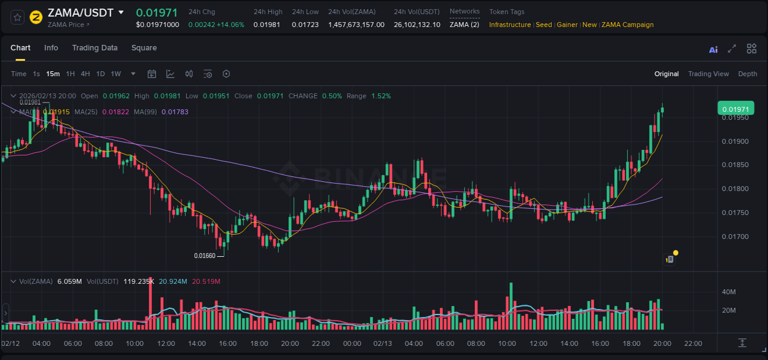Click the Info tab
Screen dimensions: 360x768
coord(51,48)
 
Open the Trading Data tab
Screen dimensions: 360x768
coord(95,48)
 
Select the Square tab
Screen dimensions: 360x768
coord(144,48)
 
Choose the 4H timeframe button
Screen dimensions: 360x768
coord(85,74)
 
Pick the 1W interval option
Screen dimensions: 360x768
coord(116,74)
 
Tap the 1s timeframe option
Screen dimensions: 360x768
coord(36,74)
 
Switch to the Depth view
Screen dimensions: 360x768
coord(747,74)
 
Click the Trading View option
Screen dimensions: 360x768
coord(708,74)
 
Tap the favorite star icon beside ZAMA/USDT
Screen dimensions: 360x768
coord(17,17)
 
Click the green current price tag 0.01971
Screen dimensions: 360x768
coord(735,109)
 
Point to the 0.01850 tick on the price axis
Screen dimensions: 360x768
coord(735,165)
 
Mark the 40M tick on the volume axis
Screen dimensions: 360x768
coord(729,292)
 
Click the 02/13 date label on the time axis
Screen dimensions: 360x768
coord(383,343)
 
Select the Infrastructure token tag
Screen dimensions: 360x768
coord(510,25)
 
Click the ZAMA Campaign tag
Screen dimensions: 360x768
coord(627,25)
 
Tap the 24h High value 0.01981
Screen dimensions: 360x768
coord(267,25)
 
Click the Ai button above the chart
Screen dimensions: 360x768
coord(713,49)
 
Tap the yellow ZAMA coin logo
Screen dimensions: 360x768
coord(36,17)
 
